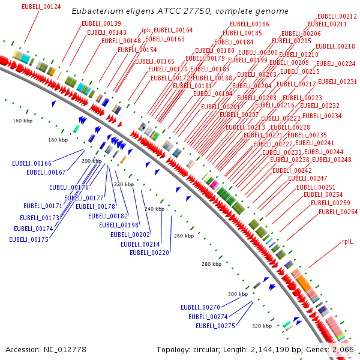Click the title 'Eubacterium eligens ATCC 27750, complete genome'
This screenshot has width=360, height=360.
(x=180, y=11)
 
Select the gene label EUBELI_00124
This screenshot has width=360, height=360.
(x=41, y=7)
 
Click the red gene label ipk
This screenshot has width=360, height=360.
(x=146, y=30)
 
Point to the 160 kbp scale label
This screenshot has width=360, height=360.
(x=23, y=121)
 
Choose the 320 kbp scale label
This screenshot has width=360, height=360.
(x=262, y=326)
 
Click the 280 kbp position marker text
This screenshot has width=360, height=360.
(x=212, y=264)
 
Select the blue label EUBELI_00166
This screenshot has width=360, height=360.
(x=32, y=163)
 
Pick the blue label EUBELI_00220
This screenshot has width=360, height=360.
(x=149, y=253)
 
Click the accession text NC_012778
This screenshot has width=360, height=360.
(x=46, y=349)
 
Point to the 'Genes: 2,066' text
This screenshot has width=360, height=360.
(x=334, y=349)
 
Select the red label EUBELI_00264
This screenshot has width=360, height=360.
(x=338, y=212)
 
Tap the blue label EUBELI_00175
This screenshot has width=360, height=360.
(x=29, y=239)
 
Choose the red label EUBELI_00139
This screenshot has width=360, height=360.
(x=101, y=23)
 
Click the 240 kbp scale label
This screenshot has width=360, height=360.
(x=154, y=208)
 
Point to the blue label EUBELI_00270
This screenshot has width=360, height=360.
(x=200, y=307)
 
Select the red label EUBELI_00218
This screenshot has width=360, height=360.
(x=335, y=46)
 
